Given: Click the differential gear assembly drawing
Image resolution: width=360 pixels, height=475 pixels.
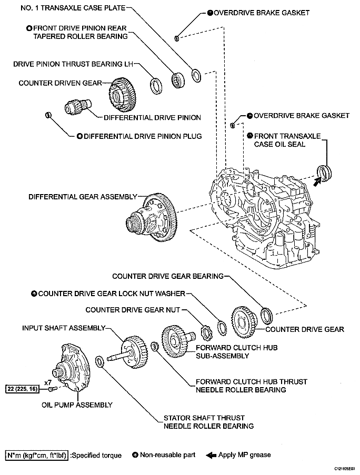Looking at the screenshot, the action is click(152, 217).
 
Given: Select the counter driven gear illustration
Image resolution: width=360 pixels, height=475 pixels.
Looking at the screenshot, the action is click(122, 94).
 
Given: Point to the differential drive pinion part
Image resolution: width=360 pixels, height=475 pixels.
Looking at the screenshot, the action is click(78, 107).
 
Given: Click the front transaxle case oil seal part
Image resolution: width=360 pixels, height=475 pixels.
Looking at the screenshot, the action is click(324, 173).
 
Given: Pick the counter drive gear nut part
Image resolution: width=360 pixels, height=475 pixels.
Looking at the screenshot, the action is click(207, 332).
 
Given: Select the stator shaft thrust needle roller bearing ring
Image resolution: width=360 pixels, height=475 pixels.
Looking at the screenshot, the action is click(99, 362).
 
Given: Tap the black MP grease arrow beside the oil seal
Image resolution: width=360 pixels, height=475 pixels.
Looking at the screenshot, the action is click(317, 182).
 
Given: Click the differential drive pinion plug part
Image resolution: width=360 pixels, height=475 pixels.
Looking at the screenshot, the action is click(48, 115).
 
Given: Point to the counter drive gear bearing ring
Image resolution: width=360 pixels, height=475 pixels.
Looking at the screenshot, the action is click(267, 316).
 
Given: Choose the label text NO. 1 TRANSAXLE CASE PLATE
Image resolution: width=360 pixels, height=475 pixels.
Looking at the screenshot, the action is click(73, 8).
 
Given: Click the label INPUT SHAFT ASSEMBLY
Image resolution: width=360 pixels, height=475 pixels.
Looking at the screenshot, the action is click(64, 328).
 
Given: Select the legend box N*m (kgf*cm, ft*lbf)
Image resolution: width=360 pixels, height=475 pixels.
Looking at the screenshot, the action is click(37, 455).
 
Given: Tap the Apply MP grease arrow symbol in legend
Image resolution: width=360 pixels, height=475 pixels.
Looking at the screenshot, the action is click(211, 456).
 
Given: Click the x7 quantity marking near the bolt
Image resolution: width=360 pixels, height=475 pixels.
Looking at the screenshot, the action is click(48, 382).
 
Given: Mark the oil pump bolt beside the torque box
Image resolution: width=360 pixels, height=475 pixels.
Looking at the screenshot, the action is click(52, 389).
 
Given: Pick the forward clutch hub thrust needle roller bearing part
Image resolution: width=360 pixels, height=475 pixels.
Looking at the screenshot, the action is click(155, 347).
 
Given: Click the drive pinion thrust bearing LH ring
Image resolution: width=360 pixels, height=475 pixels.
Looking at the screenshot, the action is click(156, 86).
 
